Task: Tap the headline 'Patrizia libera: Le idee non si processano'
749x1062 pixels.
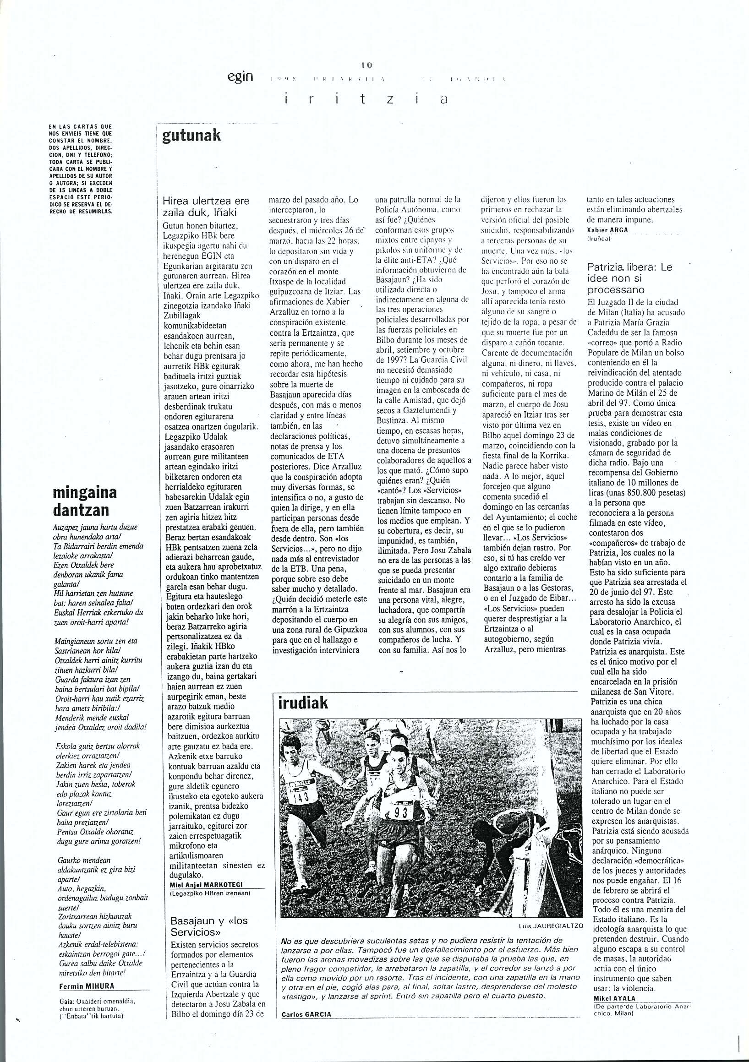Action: pos(629,278)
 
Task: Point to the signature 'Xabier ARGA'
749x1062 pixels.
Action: pos(607,231)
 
